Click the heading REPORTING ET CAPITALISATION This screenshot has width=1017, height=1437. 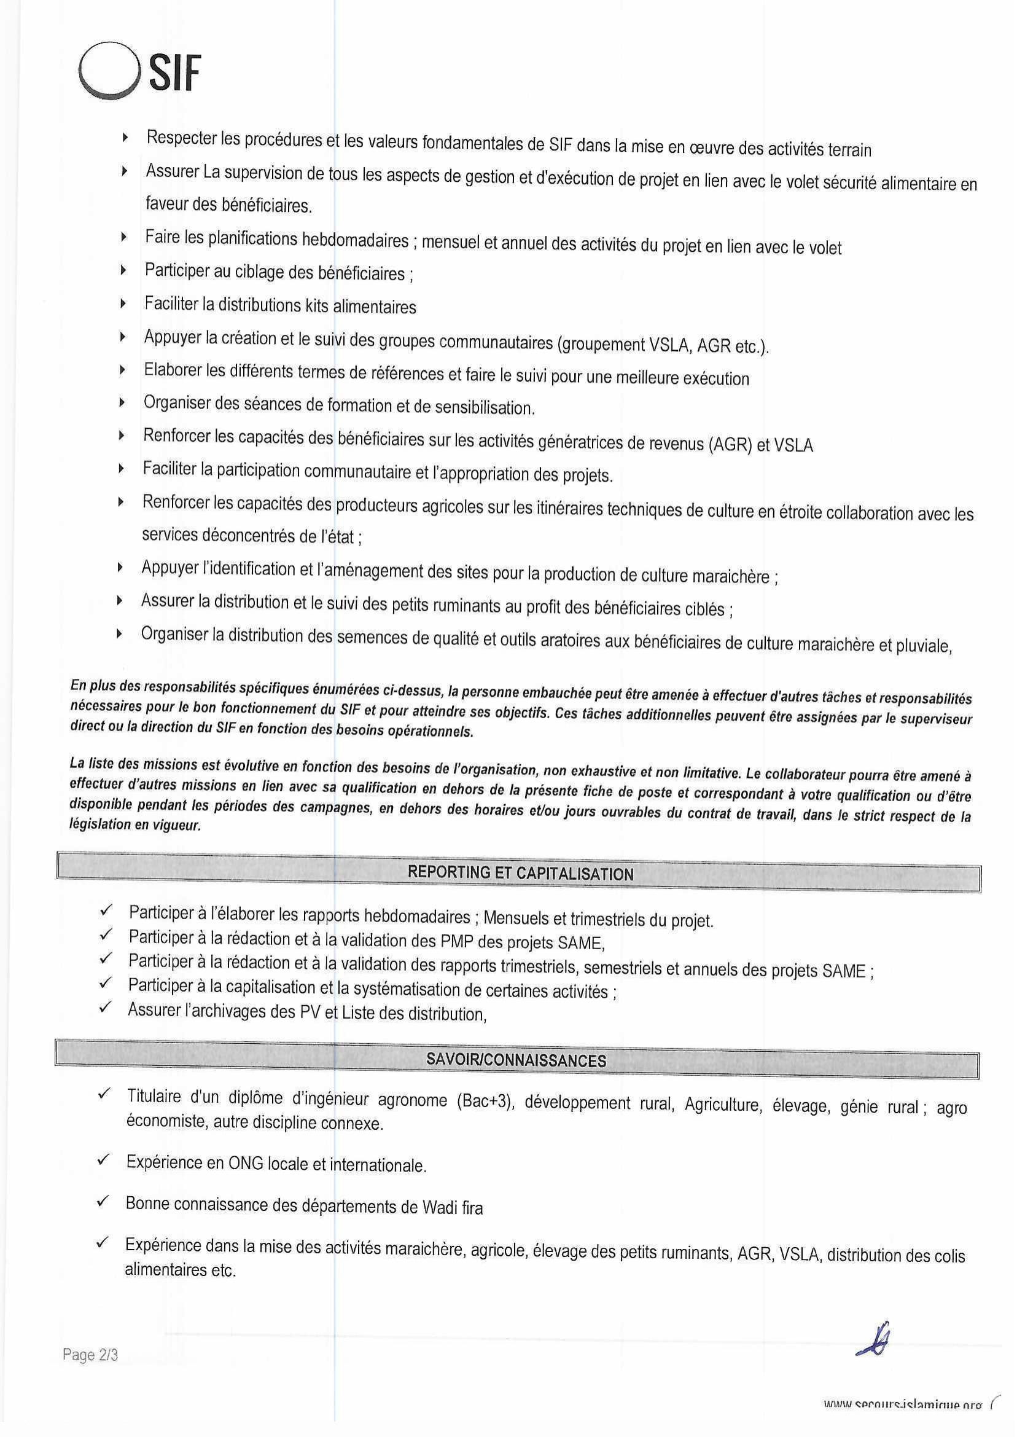pyautogui.click(x=520, y=873)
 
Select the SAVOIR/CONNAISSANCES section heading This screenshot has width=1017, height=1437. pyautogui.click(x=516, y=1060)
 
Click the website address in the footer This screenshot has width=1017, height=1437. pyautogui.click(x=902, y=1422)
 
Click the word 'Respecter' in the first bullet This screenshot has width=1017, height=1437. pyautogui.click(x=182, y=138)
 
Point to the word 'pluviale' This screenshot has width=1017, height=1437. pyautogui.click(x=924, y=646)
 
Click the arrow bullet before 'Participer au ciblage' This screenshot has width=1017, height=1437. pyautogui.click(x=124, y=270)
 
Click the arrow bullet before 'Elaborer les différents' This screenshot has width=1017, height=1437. pyautogui.click(x=123, y=370)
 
